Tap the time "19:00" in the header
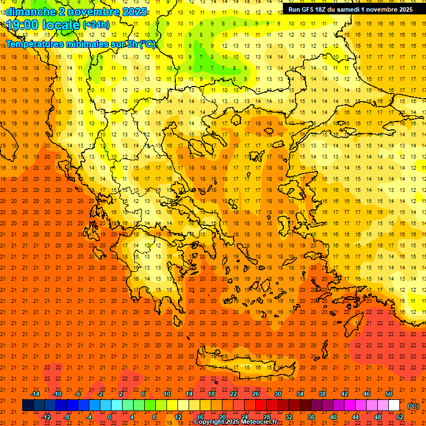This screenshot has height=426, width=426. tap(24, 25)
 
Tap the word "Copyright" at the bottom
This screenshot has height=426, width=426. tap(211, 422)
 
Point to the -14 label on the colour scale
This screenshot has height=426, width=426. tap(35, 394)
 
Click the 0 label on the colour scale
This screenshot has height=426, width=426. tap(110, 417)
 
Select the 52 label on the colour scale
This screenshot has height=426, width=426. tap(400, 417)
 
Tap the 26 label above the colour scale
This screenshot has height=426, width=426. tap(256, 394)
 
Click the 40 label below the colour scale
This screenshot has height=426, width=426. tap(333, 417)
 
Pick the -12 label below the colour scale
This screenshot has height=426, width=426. tap(46, 417)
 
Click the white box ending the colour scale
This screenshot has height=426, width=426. tap(394, 405)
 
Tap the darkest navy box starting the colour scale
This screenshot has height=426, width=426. tap(28, 405)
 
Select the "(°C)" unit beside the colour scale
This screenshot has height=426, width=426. tap(413, 406)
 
